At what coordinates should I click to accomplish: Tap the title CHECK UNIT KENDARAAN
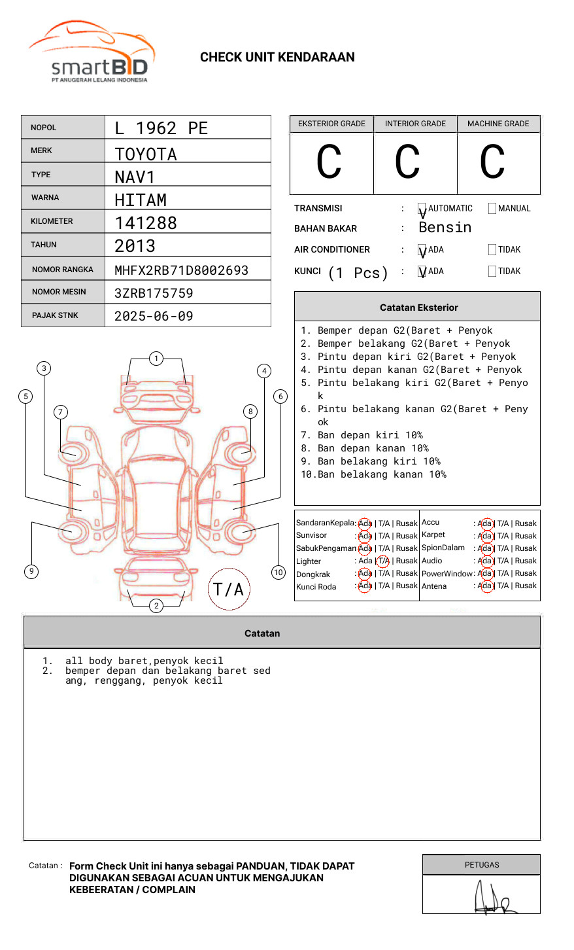pyautogui.click(x=277, y=58)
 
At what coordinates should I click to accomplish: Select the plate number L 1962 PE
pyautogui.click(x=161, y=128)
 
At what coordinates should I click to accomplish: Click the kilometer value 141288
pyautogui.click(x=146, y=223)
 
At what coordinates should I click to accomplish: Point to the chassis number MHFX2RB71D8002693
pyautogui.click(x=181, y=270)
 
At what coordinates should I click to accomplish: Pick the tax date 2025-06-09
pyautogui.click(x=154, y=317)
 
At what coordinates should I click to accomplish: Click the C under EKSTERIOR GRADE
pyautogui.click(x=329, y=162)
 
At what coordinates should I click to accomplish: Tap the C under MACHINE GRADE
pyautogui.click(x=492, y=162)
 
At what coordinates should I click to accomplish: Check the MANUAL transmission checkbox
pyautogui.click(x=492, y=209)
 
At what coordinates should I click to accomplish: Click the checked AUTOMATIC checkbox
pyautogui.click(x=422, y=209)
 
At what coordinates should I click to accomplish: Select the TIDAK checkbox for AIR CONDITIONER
pyautogui.click(x=492, y=250)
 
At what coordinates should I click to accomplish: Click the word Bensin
pyautogui.click(x=445, y=228)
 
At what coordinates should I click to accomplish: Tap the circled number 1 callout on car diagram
pyautogui.click(x=156, y=359)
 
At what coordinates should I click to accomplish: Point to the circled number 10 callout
pyautogui.click(x=279, y=572)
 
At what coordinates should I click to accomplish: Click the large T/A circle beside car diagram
pyautogui.click(x=229, y=589)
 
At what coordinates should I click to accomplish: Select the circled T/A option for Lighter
pyautogui.click(x=383, y=561)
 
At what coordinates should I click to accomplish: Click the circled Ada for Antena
pyautogui.click(x=485, y=586)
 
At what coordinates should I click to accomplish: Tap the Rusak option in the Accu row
pyautogui.click(x=526, y=523)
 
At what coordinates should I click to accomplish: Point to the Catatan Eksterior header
pyautogui.click(x=418, y=308)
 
